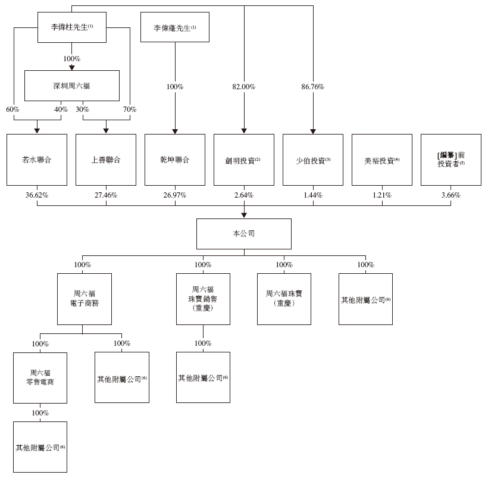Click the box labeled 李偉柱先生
coord(72,27)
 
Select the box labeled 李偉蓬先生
coord(174,27)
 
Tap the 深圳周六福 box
coord(72,86)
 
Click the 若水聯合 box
coord(37,160)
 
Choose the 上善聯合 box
coord(106,160)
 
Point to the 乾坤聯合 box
coord(175,160)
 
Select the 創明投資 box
coord(244,160)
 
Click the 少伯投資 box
coord(313,160)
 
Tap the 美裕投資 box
coord(381,160)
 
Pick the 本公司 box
coord(244,234)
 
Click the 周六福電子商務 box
coord(84,299)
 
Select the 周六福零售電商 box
coord(40,377)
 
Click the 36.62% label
coord(37,195)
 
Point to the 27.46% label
coord(106,195)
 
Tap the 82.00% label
coord(244,87)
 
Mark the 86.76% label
coord(313,87)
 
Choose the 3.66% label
coord(450,195)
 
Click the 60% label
coord(13,110)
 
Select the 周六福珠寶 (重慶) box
coord(284,299)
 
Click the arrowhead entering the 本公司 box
coord(244,215)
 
